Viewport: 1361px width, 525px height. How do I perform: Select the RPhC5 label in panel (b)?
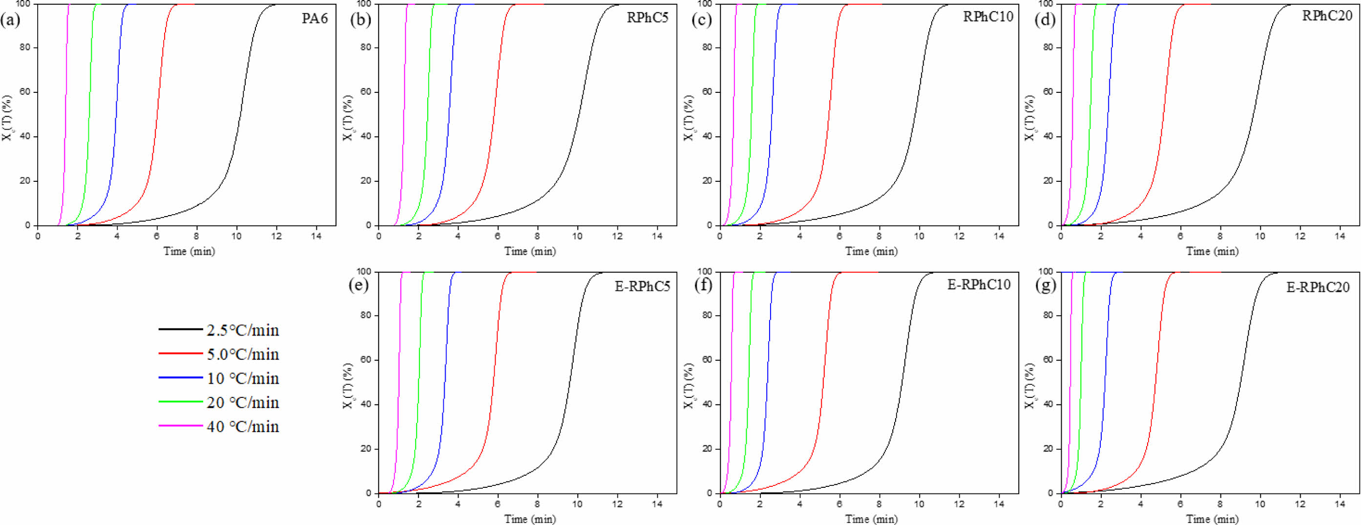click(x=647, y=18)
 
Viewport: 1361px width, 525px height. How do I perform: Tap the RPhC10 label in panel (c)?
click(x=988, y=17)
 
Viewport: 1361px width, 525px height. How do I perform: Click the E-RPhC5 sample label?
click(x=642, y=286)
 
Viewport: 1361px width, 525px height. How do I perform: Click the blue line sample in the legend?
click(x=180, y=378)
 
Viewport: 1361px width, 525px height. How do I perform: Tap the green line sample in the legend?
click(x=180, y=402)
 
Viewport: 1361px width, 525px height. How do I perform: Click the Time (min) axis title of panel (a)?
click(x=189, y=251)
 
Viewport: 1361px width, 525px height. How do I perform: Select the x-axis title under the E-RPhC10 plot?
click(x=871, y=519)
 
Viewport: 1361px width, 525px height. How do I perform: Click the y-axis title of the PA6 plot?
click(x=7, y=117)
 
